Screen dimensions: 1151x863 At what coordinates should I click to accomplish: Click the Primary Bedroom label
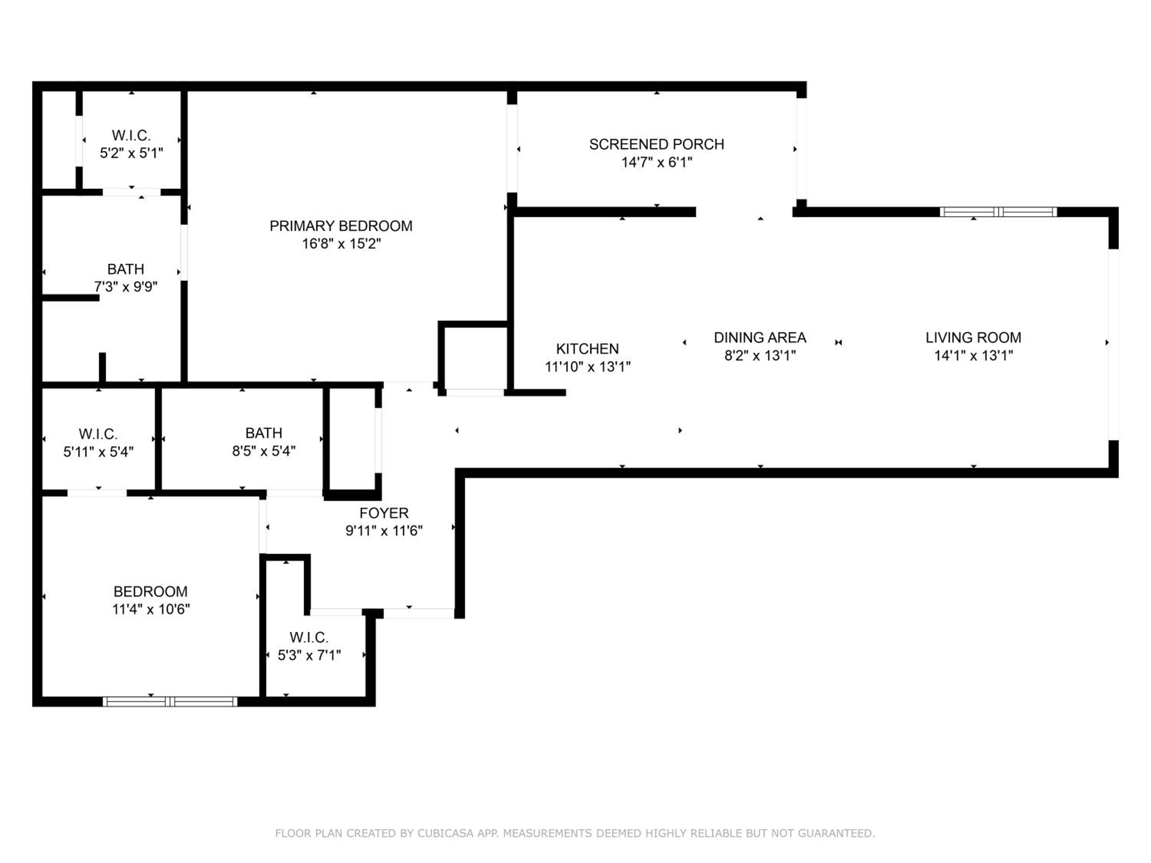coord(341,226)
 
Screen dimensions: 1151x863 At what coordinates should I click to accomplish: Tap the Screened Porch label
coord(657,144)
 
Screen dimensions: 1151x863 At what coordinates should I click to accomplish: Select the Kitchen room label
coord(587,349)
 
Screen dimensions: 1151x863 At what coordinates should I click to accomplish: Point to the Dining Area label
coord(760,338)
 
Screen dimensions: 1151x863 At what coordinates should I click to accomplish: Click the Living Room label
coord(973,338)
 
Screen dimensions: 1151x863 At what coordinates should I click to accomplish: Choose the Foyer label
coord(384,513)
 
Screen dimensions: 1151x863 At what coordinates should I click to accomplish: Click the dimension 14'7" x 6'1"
coord(657,162)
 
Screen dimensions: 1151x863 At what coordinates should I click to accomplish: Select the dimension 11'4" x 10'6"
coord(151,609)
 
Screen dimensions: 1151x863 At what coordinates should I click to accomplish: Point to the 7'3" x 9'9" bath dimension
coord(125,287)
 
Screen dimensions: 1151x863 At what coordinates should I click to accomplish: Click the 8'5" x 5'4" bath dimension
coord(264,451)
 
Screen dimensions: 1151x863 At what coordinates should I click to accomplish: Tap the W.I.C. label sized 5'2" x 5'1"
coord(131,135)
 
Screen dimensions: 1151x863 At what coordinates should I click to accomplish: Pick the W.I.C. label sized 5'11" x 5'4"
coord(98,434)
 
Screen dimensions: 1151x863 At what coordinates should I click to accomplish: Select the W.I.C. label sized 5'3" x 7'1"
coord(309,637)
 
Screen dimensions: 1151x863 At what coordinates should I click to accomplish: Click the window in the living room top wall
coord(998,212)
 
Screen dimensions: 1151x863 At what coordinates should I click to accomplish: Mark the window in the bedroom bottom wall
coord(170,702)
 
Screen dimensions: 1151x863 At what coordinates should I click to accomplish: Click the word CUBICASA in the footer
coord(445,833)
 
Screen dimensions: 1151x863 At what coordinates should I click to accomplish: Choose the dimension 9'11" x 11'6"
coord(384,530)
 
